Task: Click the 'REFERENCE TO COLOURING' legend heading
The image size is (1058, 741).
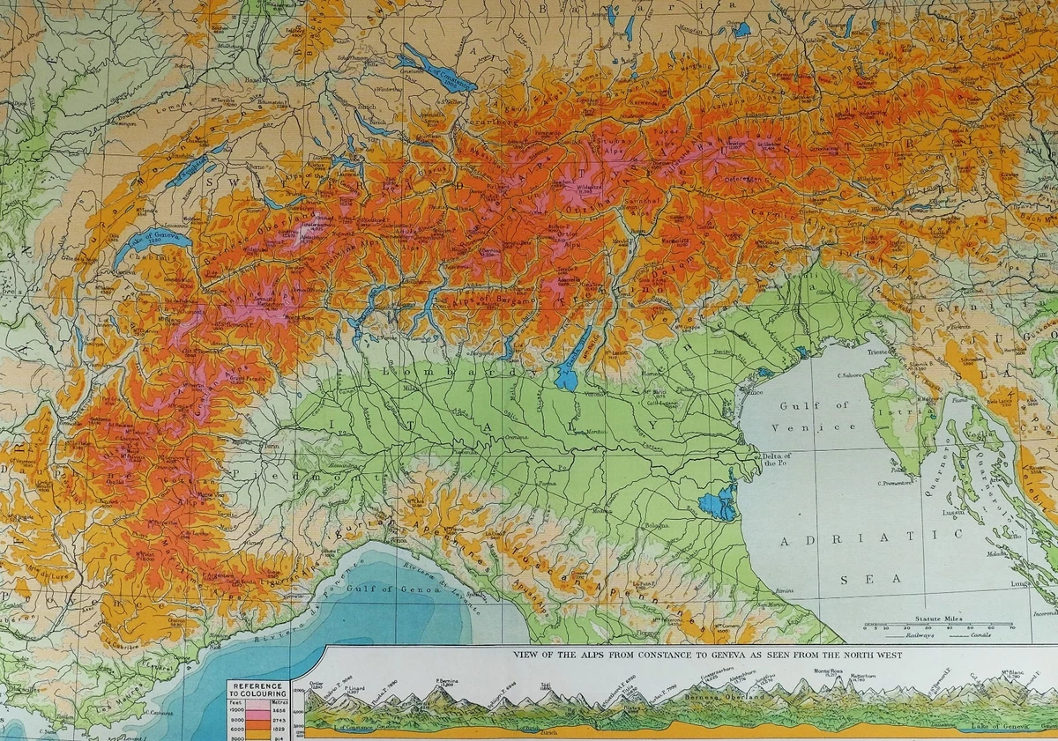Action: pos(257,689)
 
